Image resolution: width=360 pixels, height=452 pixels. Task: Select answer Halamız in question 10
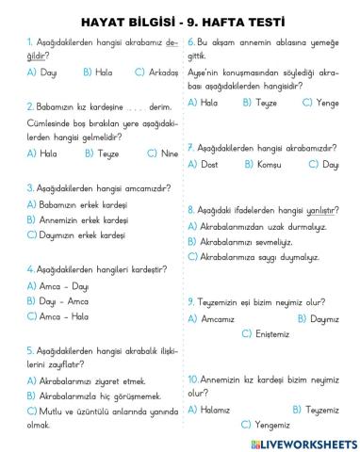(216, 410)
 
